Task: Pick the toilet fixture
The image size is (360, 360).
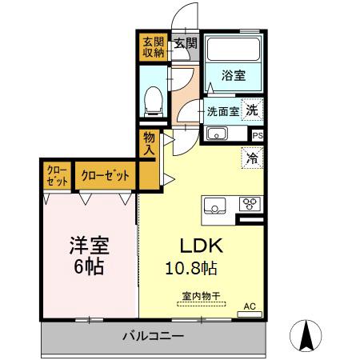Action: [x=152, y=99]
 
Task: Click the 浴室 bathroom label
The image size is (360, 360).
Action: [x=233, y=76]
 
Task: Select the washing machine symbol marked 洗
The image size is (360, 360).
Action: [x=252, y=110]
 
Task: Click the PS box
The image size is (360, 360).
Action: [x=256, y=135]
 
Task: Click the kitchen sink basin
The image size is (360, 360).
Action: [x=217, y=205]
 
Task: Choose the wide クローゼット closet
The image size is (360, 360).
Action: [x=104, y=175]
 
